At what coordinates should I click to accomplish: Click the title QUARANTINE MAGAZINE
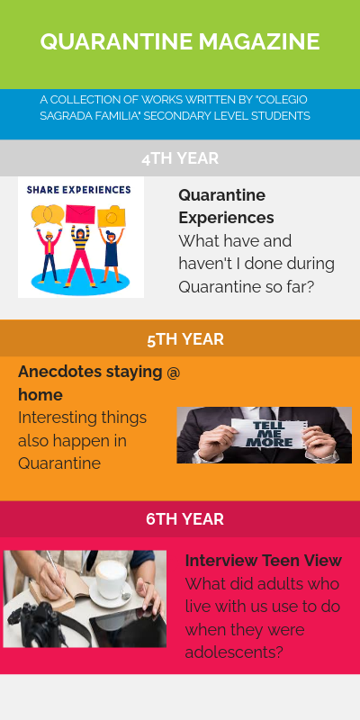point(180,41)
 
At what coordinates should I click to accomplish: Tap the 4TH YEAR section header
point(180,158)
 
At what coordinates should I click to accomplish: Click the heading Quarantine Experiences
point(226,206)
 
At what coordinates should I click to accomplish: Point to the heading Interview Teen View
point(263,560)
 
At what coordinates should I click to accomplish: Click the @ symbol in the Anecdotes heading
point(173,372)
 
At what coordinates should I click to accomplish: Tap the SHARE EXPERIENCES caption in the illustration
point(79,190)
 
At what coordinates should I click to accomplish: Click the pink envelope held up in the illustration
point(80,215)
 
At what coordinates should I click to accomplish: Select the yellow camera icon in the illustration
point(112,216)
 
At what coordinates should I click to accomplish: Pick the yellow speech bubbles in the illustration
point(46,215)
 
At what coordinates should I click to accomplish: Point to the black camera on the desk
point(31,625)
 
